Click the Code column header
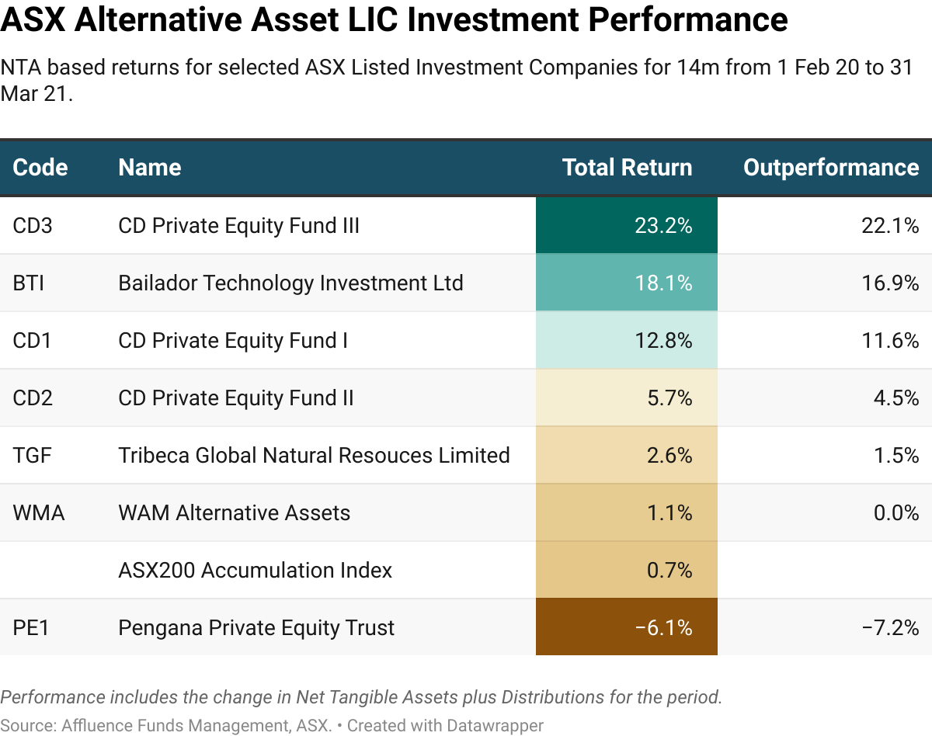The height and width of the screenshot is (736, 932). [x=40, y=168]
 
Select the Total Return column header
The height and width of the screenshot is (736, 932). [x=627, y=168]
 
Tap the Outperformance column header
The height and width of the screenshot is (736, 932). [x=831, y=168]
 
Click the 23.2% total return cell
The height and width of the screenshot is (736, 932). [x=627, y=226]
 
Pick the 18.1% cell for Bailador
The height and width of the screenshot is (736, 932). [x=627, y=283]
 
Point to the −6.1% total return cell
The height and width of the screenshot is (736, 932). [x=627, y=627]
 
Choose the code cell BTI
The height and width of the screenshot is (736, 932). [x=29, y=283]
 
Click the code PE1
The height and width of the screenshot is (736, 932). [x=31, y=627]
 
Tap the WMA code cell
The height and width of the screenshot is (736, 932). [x=39, y=513]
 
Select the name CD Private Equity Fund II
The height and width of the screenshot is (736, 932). [x=235, y=398]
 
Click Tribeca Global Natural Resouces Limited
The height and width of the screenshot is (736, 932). [x=314, y=456]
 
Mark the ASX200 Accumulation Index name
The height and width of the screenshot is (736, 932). [x=255, y=571]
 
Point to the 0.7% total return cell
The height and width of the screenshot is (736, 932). [x=627, y=571]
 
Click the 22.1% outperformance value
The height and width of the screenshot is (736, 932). [x=892, y=226]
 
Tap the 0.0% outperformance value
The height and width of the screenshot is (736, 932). [x=895, y=513]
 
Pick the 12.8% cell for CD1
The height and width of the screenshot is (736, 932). [x=627, y=341]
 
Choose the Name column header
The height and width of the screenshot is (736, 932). [x=150, y=168]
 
